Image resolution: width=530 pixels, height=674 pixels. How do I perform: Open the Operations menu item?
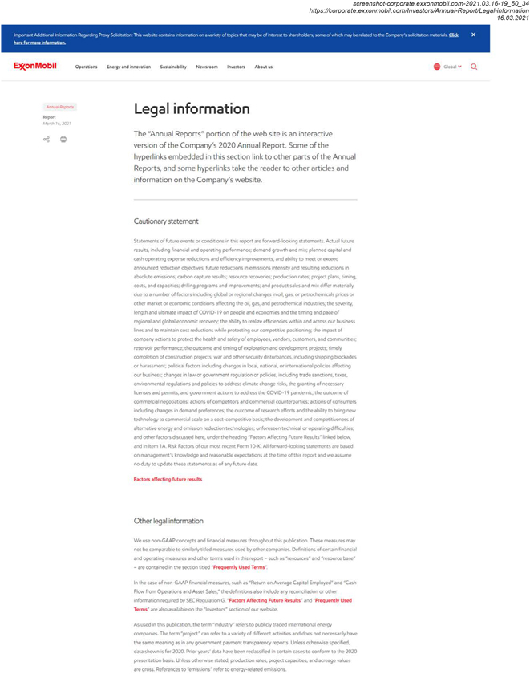(x=86, y=67)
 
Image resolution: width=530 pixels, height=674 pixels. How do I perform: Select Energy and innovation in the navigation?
(x=128, y=67)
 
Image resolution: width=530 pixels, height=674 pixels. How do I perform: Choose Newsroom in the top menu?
(x=206, y=67)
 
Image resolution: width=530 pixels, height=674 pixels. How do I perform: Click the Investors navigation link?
(x=236, y=67)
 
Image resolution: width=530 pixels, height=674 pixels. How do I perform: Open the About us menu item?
(x=263, y=67)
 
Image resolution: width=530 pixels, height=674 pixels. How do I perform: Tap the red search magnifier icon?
(x=474, y=67)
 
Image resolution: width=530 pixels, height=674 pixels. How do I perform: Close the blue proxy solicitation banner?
(x=473, y=35)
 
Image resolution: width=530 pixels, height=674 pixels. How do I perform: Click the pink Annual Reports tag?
(x=60, y=107)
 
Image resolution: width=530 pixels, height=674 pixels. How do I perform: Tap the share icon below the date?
(x=47, y=139)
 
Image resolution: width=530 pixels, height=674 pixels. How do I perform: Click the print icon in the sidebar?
(x=63, y=139)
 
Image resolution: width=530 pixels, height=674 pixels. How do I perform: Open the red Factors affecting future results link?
(x=168, y=479)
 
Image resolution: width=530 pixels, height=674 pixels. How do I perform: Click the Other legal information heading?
(x=168, y=521)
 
